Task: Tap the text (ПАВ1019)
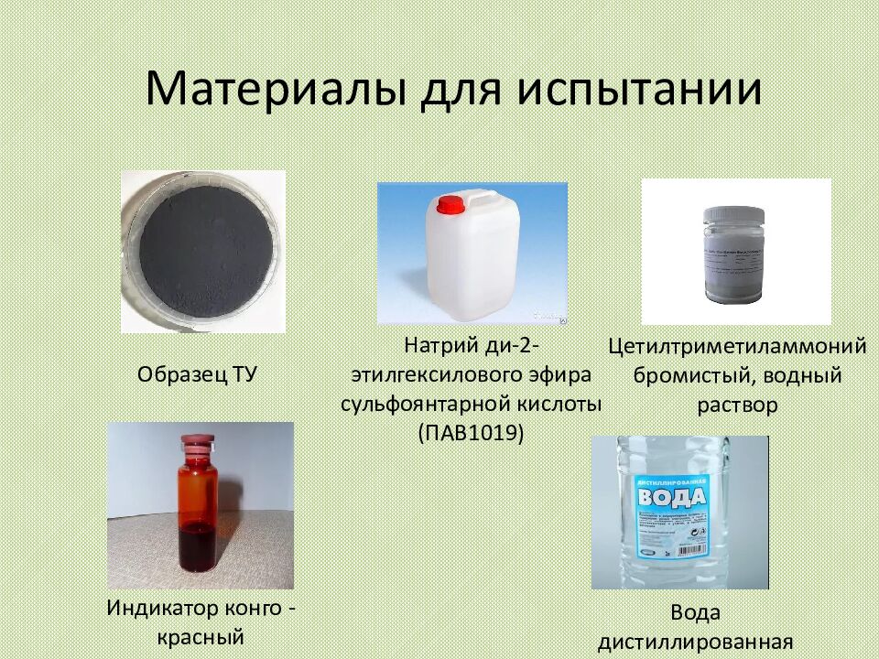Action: click(471, 432)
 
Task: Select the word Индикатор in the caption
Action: click(163, 607)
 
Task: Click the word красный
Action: click(202, 636)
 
